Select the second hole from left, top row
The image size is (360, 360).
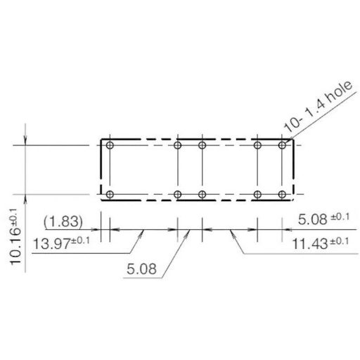click(x=178, y=146)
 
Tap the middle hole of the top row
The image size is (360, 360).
click(x=202, y=146)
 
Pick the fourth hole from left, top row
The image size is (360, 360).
click(x=258, y=146)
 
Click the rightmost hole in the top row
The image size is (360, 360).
click(x=282, y=146)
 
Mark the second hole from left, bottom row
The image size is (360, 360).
click(x=178, y=194)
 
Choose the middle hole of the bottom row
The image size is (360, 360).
click(x=202, y=194)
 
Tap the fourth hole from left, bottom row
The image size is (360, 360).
click(x=258, y=194)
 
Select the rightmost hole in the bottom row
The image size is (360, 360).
click(x=282, y=194)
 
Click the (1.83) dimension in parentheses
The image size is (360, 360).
click(x=63, y=222)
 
